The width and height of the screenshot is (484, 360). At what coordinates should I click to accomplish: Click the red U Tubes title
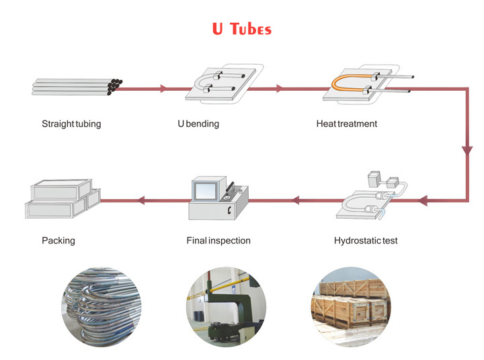pyautogui.click(x=241, y=29)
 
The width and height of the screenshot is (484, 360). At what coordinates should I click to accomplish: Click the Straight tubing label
pyautogui.click(x=71, y=124)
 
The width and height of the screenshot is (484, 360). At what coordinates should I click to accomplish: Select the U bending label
pyautogui.click(x=198, y=124)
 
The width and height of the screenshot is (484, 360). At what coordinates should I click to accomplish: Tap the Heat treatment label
pyautogui.click(x=347, y=124)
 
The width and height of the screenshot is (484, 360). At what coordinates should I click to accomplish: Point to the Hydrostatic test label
pyautogui.click(x=366, y=240)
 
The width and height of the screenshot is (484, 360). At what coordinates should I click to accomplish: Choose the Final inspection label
pyautogui.click(x=218, y=240)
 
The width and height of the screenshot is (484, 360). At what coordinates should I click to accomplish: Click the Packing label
pyautogui.click(x=58, y=240)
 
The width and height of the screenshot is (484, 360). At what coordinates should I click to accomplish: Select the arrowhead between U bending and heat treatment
pyautogui.click(x=280, y=88)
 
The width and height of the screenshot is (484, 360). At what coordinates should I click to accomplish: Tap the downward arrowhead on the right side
pyautogui.click(x=467, y=151)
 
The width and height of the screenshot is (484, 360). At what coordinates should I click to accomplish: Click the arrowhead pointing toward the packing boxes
pyautogui.click(x=140, y=200)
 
